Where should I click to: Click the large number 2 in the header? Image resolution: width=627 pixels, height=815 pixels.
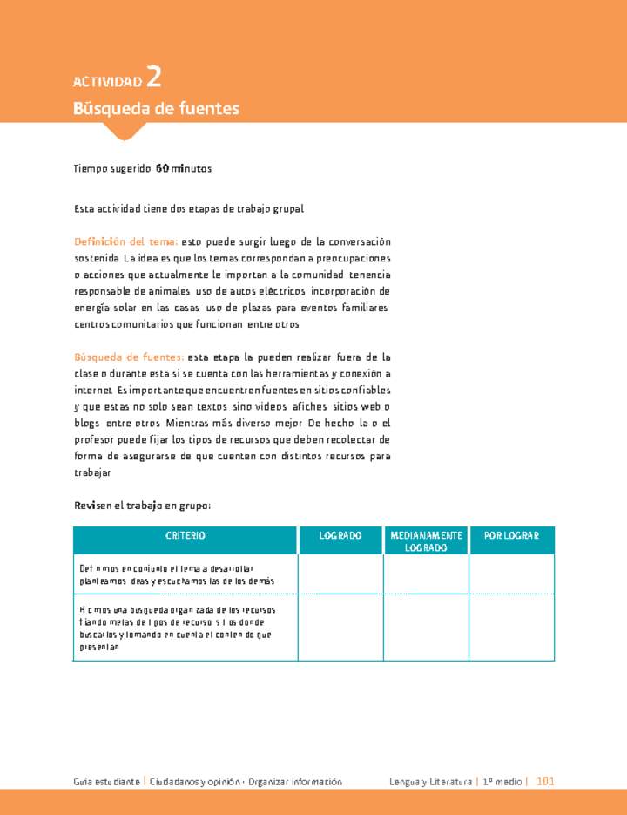(153, 78)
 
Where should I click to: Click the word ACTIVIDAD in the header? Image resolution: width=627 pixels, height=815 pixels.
(107, 83)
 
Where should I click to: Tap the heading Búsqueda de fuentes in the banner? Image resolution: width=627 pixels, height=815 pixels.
(156, 109)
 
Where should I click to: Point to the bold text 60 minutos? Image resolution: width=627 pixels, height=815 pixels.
(183, 168)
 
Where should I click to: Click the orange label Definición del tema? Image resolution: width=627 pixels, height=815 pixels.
(126, 241)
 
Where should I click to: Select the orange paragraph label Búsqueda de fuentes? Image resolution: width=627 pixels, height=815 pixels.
(128, 357)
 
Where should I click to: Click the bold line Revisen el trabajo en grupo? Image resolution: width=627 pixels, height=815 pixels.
(143, 506)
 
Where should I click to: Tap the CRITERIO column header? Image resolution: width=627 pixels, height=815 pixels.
(185, 535)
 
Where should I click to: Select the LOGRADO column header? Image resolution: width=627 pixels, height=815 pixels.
(340, 535)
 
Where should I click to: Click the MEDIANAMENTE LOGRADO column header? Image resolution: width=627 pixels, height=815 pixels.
(426, 541)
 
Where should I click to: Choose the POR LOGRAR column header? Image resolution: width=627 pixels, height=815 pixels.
(511, 535)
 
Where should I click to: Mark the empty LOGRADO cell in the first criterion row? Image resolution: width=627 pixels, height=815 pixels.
(340, 574)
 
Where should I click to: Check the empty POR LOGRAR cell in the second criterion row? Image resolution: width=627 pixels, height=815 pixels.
(511, 627)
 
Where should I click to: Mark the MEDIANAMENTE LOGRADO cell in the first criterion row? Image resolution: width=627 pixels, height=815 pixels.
(426, 574)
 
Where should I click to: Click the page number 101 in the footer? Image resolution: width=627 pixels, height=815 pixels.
(545, 782)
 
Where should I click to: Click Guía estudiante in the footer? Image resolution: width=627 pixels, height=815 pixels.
(106, 782)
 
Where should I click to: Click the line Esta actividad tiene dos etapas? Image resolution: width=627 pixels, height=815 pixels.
(188, 209)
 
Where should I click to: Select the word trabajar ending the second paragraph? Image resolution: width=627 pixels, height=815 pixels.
(92, 472)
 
